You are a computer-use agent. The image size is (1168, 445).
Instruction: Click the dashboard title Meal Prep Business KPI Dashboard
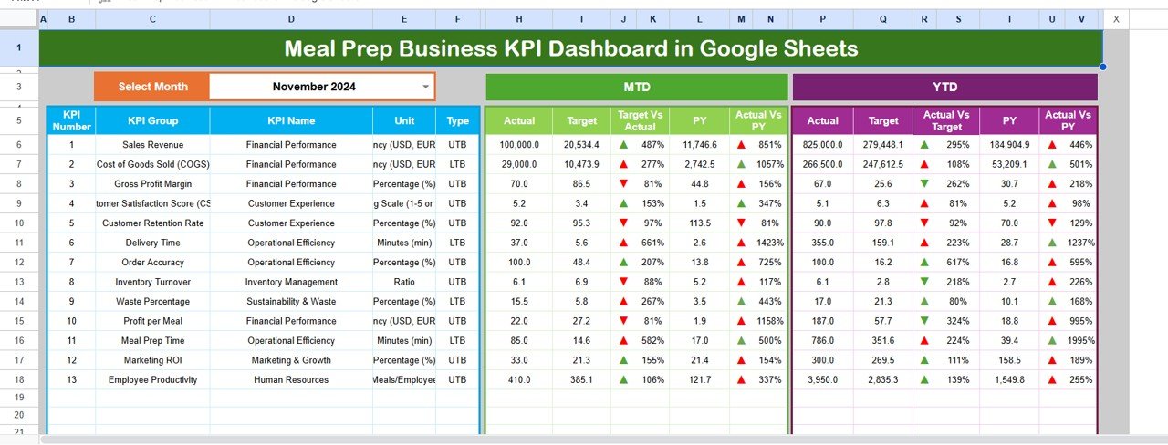(570, 48)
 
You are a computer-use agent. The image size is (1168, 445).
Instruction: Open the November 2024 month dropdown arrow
(425, 87)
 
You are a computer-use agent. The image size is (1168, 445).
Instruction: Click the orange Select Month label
(152, 87)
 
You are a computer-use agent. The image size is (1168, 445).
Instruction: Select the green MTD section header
(636, 87)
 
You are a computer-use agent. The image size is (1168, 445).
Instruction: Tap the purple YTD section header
(944, 87)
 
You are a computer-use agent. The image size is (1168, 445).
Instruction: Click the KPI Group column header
(152, 120)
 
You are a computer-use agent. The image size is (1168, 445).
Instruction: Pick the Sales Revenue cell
(152, 145)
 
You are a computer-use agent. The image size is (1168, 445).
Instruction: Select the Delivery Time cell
(152, 243)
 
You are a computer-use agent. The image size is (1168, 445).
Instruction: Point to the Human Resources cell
(290, 379)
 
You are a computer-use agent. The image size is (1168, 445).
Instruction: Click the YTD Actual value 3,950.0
(823, 379)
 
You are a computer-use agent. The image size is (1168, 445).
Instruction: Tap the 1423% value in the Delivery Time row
(769, 243)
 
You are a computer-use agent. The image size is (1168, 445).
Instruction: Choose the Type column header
(458, 120)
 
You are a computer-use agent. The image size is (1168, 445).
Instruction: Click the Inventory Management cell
(290, 282)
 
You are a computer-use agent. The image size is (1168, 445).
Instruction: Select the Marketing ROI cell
(152, 360)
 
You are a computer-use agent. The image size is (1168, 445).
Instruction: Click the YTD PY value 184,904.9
(1009, 145)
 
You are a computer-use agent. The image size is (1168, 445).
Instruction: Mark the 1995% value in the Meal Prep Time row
(1079, 340)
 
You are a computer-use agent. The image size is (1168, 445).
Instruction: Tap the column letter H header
(519, 19)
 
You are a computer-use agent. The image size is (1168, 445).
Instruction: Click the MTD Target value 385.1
(581, 379)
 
